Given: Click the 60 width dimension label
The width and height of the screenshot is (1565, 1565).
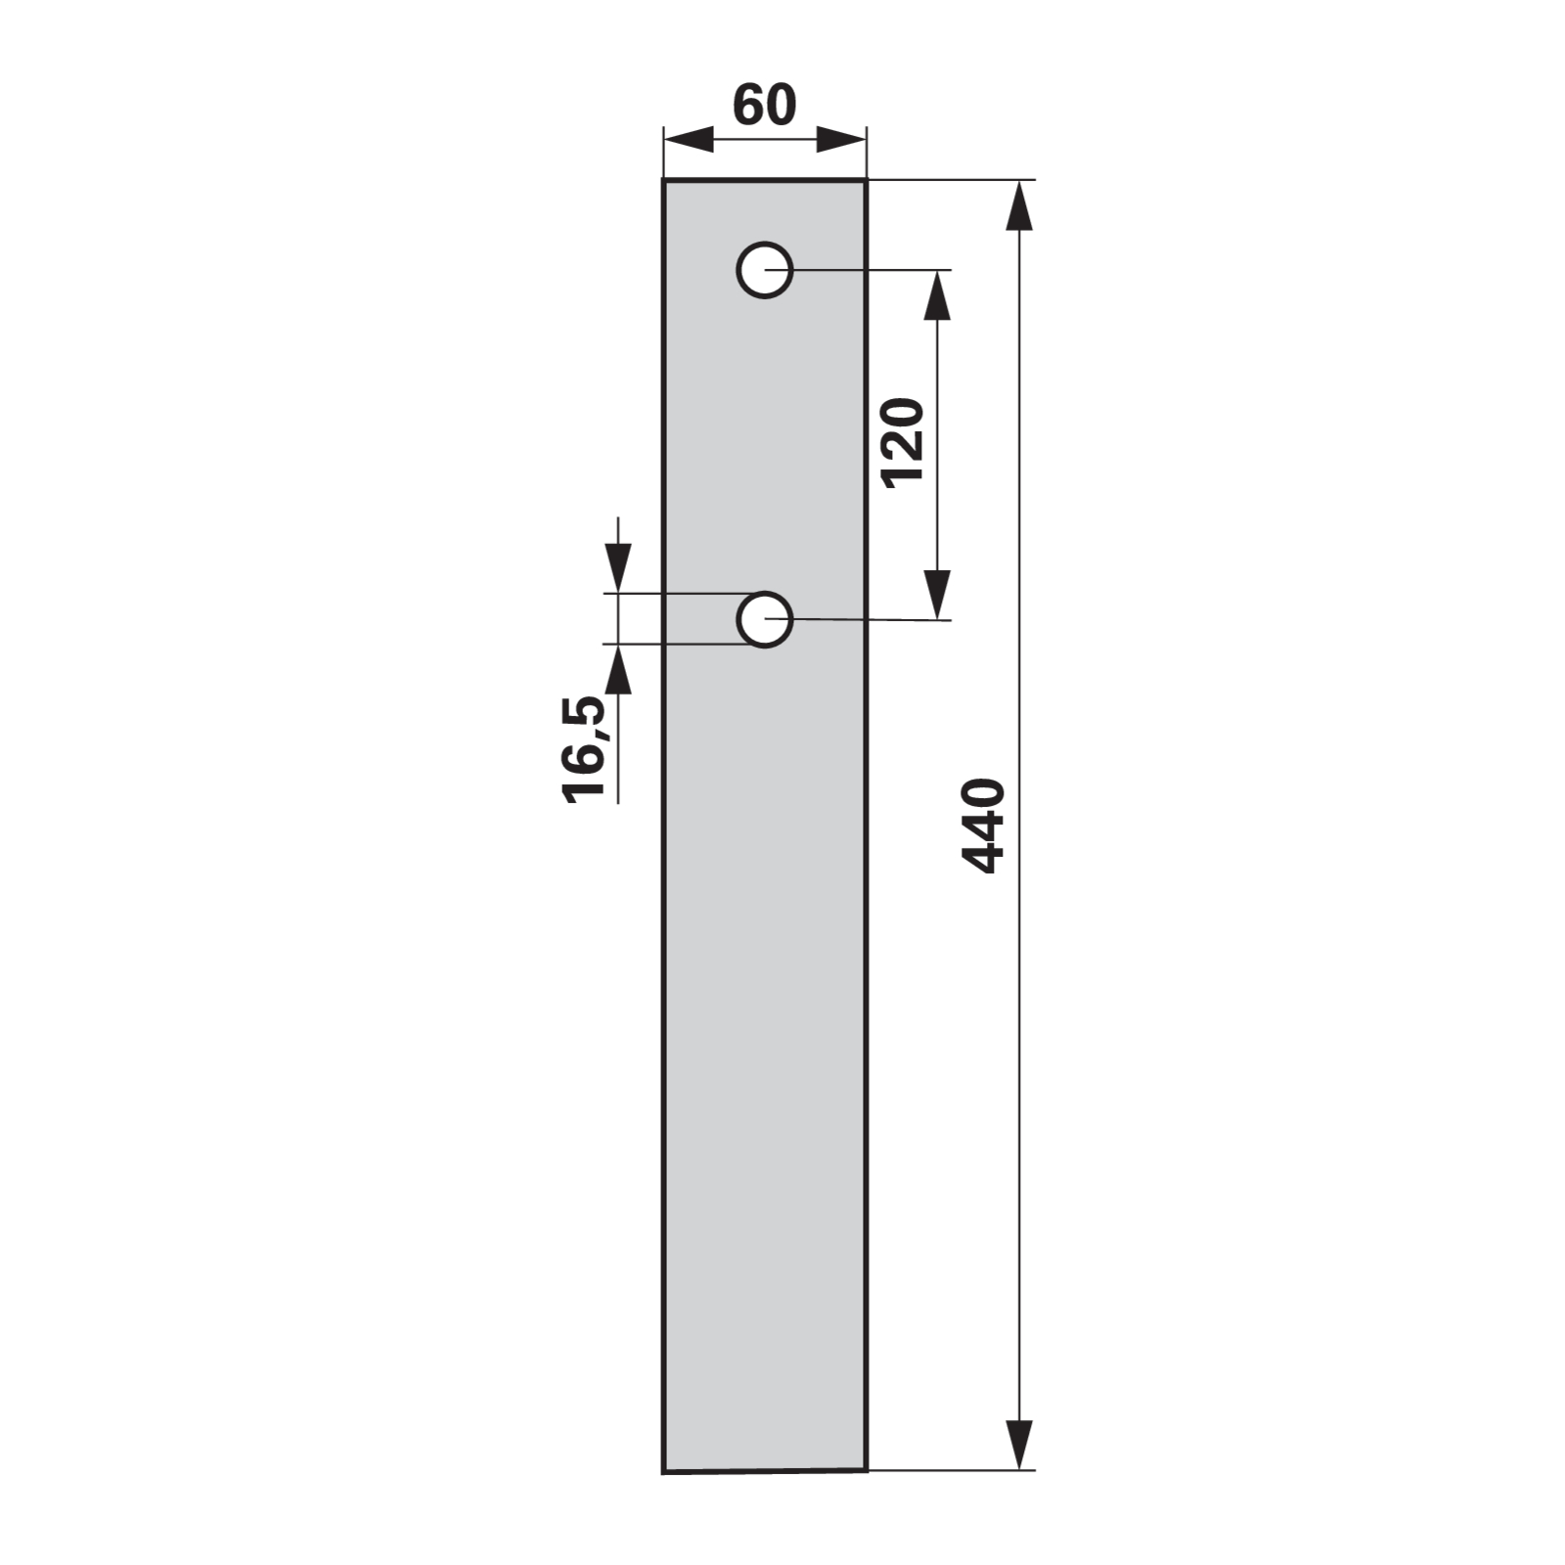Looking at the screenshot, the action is click(x=765, y=106).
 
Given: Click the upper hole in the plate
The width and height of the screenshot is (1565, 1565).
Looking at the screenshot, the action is click(x=765, y=270).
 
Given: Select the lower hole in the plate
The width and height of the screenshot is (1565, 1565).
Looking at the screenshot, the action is click(x=765, y=619).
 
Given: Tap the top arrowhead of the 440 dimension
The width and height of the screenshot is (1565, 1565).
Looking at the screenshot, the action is click(x=1019, y=205).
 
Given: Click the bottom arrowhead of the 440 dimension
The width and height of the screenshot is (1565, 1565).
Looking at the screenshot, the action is click(x=1019, y=1444).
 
